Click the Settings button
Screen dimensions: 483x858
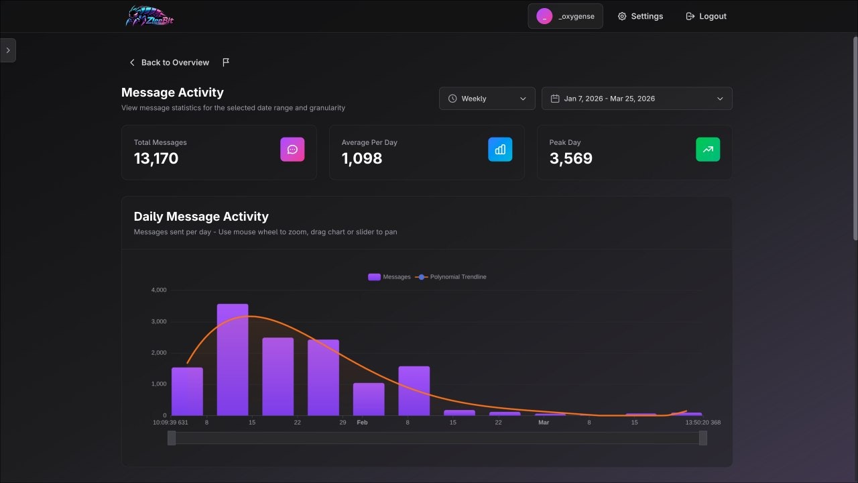tap(640, 16)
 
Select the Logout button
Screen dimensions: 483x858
tap(706, 16)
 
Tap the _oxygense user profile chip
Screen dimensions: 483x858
tap(565, 16)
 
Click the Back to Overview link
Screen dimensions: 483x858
tap(169, 62)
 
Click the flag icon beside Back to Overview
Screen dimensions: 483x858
tap(226, 62)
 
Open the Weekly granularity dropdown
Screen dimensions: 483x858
tap(487, 99)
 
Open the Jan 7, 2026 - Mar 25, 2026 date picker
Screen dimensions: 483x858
tap(636, 99)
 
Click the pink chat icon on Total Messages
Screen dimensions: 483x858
tap(292, 150)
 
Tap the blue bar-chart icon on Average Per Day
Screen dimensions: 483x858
tap(500, 150)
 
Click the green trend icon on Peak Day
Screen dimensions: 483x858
tap(708, 150)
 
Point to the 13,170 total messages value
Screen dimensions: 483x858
tap(156, 158)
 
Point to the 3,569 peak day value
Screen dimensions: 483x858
tap(571, 158)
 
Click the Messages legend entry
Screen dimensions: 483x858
tap(389, 277)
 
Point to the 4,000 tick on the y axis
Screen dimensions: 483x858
tap(159, 290)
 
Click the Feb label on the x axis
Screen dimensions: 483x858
tap(362, 423)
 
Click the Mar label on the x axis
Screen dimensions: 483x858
tap(544, 423)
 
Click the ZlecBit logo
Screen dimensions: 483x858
tap(150, 16)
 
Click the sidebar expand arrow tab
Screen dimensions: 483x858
tap(7, 50)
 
